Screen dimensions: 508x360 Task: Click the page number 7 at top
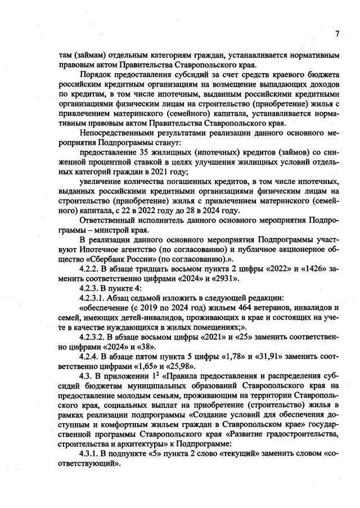pyautogui.click(x=337, y=34)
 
